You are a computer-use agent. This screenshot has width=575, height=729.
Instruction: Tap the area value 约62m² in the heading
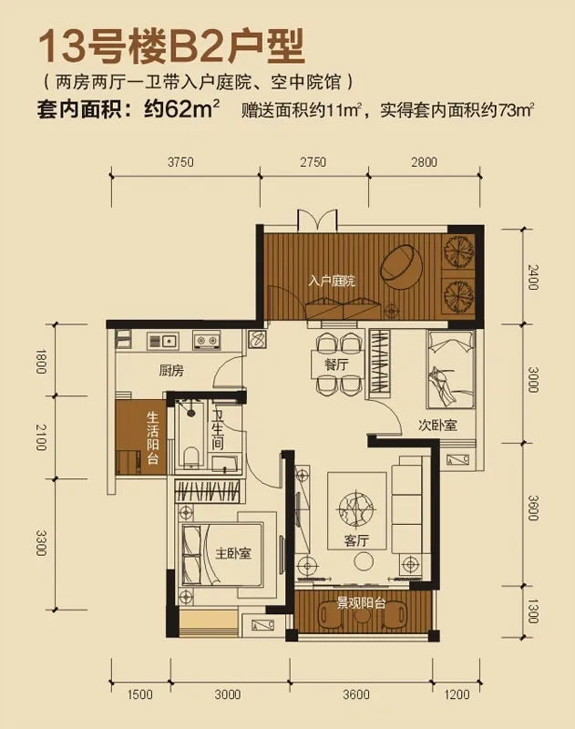tap(180, 111)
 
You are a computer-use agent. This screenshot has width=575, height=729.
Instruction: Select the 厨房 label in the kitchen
tap(171, 371)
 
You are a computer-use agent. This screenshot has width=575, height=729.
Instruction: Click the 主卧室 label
tap(232, 553)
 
